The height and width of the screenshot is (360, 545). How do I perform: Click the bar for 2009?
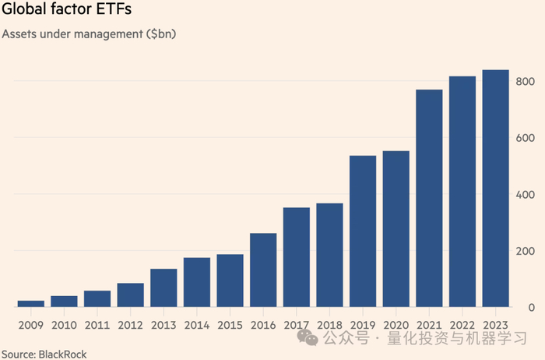[30, 303]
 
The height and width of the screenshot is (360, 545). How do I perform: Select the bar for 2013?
[163, 288]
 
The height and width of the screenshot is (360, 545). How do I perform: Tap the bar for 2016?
[263, 270]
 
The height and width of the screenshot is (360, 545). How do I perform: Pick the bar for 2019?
[363, 231]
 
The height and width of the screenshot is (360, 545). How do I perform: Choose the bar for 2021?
[429, 198]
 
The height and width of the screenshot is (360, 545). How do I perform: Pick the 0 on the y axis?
[531, 308]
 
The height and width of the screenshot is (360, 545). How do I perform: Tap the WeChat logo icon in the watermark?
[310, 337]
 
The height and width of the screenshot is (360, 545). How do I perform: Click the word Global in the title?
[23, 12]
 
